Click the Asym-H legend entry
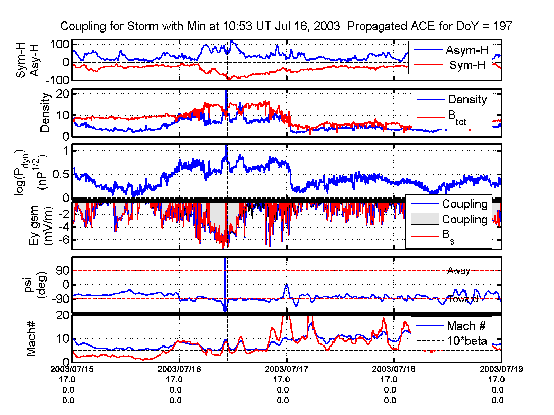pyautogui.click(x=466, y=50)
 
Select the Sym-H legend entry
pyautogui.click(x=467, y=65)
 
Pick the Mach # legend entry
pyautogui.click(x=466, y=326)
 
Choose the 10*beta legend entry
pyautogui.click(x=466, y=341)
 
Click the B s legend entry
pyautogui.click(x=448, y=236)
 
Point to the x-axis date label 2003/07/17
pyautogui.click(x=286, y=369)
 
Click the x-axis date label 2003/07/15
pyautogui.click(x=72, y=369)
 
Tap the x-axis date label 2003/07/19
pyautogui.click(x=501, y=369)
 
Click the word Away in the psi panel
pyautogui.click(x=458, y=271)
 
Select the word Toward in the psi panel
pyautogui.click(x=463, y=299)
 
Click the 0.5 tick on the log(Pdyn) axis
pyautogui.click(x=61, y=175)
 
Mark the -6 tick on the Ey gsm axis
pyautogui.click(x=64, y=240)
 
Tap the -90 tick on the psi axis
pyautogui.click(x=60, y=299)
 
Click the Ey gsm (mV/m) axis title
pyautogui.click(x=41, y=225)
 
